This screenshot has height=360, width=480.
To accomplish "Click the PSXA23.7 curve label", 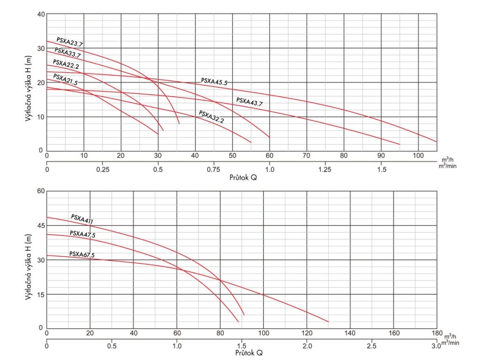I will (69, 42).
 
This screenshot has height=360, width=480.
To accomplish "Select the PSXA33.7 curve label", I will (67, 52).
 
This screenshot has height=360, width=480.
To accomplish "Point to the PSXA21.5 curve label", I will (65, 79).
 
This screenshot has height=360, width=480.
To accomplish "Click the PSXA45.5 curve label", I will (214, 81).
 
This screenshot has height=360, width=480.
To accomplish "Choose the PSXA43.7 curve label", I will (249, 102).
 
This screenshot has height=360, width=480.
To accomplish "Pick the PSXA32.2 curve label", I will (211, 117).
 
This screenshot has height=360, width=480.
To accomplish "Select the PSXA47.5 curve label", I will (82, 234).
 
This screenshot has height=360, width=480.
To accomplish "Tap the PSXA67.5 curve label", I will (82, 255).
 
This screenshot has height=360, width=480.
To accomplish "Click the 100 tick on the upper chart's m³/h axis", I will (418, 156).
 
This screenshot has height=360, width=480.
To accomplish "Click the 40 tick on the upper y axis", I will (40, 14).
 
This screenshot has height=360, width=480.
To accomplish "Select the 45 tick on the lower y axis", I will (40, 225).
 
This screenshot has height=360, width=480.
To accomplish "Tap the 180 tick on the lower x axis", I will (436, 333).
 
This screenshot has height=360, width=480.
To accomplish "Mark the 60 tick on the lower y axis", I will (40, 191).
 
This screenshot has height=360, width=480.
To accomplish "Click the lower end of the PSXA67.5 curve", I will (328, 322).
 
